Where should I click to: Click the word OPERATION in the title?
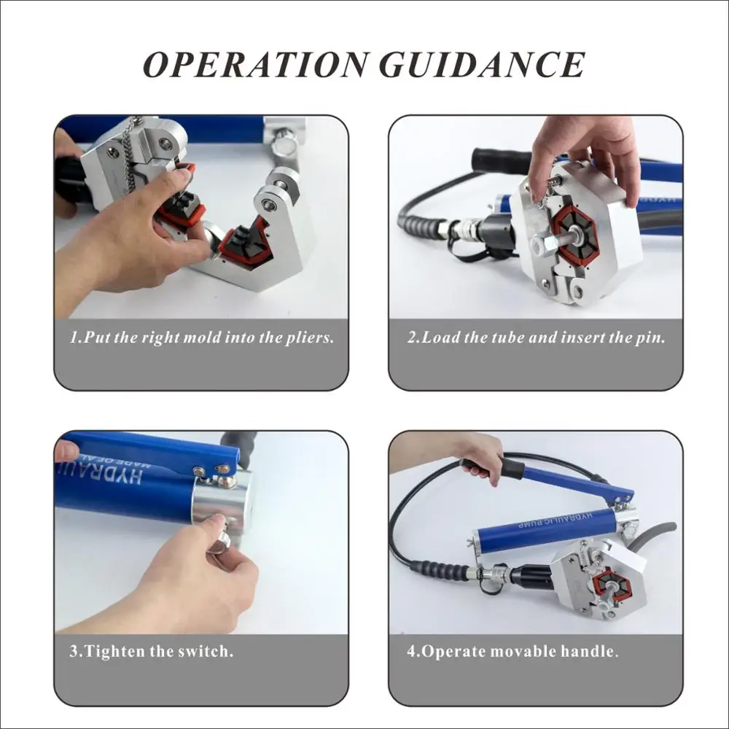click(255, 64)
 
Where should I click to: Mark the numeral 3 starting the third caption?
click(74, 652)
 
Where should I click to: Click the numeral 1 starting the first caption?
click(74, 338)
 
